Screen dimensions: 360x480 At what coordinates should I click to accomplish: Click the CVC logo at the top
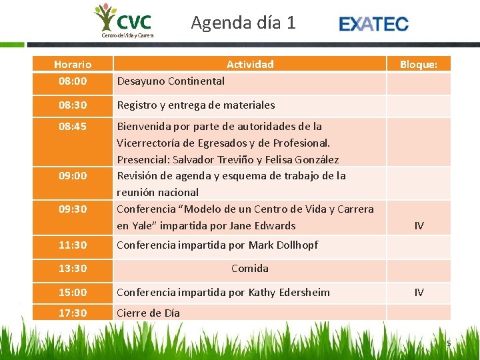click(124, 21)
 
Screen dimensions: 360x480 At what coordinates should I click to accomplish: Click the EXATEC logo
click(373, 24)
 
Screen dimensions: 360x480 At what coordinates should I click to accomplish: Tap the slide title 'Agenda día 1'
click(243, 23)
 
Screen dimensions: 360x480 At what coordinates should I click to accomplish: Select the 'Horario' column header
click(73, 65)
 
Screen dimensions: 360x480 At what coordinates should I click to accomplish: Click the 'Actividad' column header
click(250, 65)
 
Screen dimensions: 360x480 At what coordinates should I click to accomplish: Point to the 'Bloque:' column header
click(419, 65)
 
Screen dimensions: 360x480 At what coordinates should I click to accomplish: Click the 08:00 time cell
click(73, 81)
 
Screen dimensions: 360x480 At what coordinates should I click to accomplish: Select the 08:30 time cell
click(73, 105)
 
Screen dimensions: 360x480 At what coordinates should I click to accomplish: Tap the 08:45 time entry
click(73, 126)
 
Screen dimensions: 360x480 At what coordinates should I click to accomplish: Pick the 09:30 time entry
click(73, 209)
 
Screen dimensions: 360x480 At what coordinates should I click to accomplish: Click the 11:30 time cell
click(73, 245)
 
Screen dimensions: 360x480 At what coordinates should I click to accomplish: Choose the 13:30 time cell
click(73, 269)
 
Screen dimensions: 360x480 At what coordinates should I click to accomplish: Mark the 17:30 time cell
click(73, 313)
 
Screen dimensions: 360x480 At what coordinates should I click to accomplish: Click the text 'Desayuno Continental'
click(171, 81)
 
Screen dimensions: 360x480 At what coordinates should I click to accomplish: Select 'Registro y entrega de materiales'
click(195, 105)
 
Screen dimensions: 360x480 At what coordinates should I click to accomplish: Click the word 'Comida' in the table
click(250, 269)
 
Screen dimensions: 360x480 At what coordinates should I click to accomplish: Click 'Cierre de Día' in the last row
click(148, 313)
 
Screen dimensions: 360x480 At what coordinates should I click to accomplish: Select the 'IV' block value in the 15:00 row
click(419, 293)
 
